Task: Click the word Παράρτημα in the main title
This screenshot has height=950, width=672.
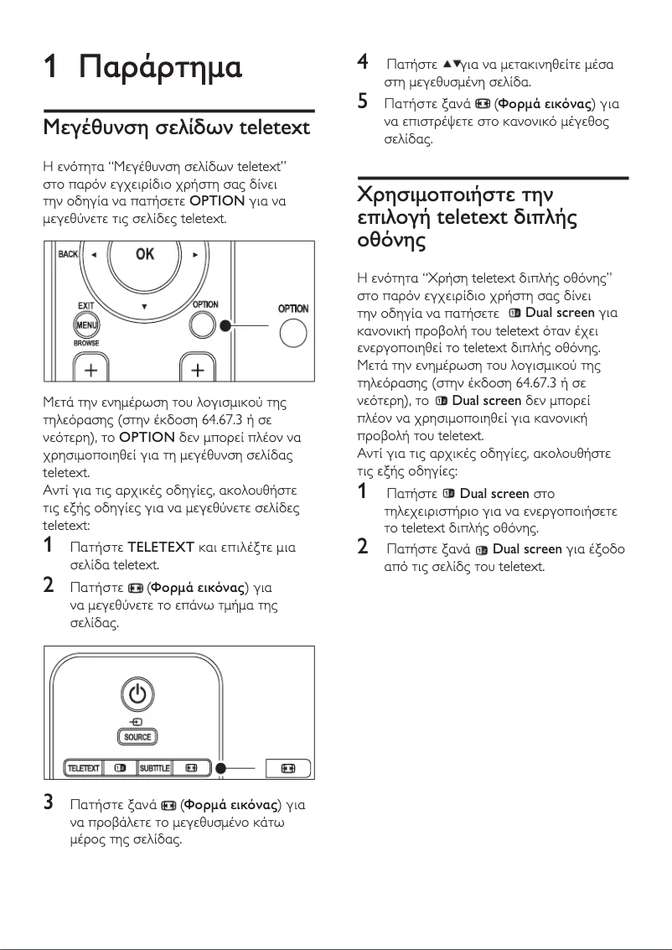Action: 160,67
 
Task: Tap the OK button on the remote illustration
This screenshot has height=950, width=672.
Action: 145,255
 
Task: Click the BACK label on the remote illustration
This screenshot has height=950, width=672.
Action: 68,253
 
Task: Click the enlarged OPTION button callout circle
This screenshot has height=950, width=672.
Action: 292,333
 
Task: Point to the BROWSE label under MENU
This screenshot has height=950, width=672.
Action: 85,343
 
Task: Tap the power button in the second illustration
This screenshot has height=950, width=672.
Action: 138,693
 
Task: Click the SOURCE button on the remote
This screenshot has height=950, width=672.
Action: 138,737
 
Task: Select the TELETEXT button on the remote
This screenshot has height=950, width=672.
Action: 83,768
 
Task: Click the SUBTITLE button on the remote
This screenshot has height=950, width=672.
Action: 154,768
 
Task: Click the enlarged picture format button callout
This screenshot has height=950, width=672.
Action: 288,768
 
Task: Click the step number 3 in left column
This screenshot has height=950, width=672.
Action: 49,803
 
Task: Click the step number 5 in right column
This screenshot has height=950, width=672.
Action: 363,102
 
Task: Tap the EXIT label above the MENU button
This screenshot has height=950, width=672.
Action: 85,307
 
